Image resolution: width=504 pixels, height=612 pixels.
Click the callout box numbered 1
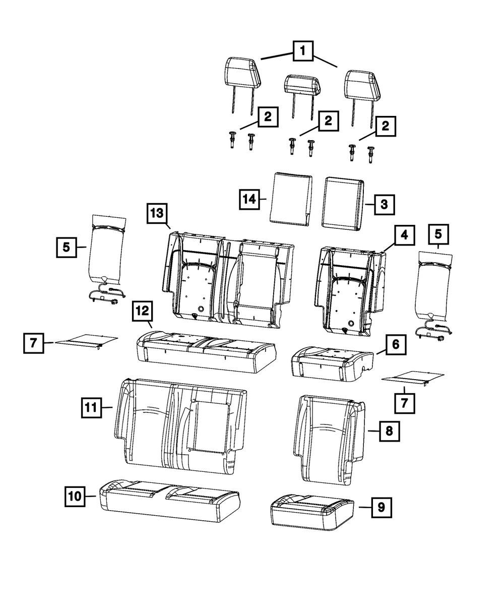[x=303, y=51]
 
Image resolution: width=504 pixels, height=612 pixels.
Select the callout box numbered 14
[x=249, y=199]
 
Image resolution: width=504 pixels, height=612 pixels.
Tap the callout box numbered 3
[x=384, y=204]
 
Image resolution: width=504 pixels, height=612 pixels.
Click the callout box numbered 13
[x=157, y=213]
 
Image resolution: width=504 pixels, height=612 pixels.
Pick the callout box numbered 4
[x=404, y=235]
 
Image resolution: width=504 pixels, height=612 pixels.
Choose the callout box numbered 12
[x=143, y=311]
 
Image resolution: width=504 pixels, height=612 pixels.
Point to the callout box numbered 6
[x=396, y=345]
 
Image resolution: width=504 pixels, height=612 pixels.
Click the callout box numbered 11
[x=91, y=407]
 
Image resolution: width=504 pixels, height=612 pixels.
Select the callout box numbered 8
[x=390, y=431]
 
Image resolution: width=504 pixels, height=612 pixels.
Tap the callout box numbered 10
[x=75, y=497]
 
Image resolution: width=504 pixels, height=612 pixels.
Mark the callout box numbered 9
[x=382, y=507]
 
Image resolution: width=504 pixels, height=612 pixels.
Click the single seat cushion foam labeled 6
[x=333, y=364]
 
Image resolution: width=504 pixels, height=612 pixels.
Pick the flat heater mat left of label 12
[x=87, y=341]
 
